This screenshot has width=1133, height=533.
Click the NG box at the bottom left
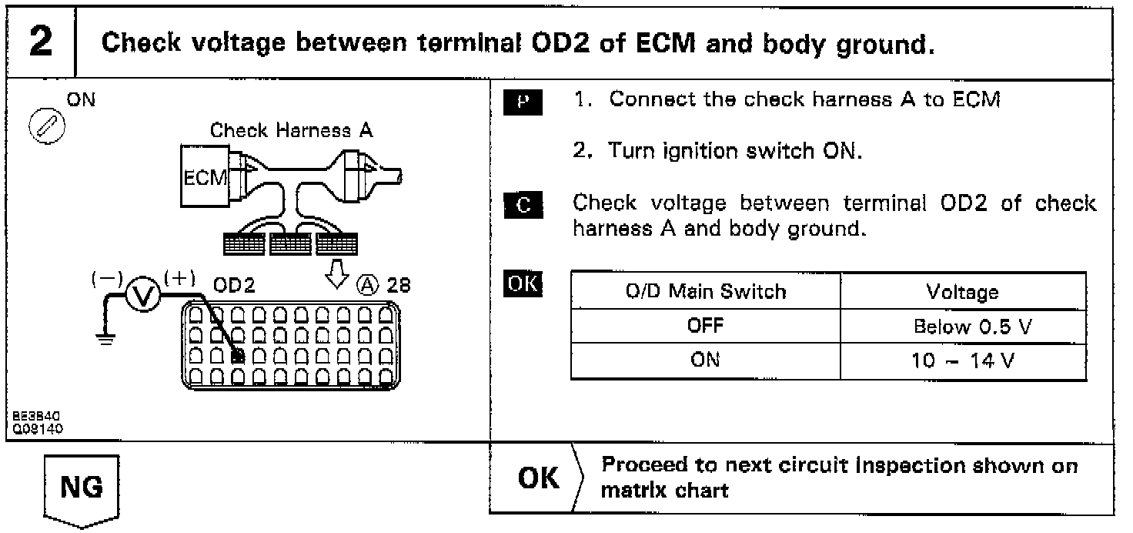(x=82, y=488)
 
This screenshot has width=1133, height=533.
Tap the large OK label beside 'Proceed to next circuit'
(x=539, y=478)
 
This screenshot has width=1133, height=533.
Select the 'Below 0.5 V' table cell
(x=962, y=327)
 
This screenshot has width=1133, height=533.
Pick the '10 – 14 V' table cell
(x=962, y=360)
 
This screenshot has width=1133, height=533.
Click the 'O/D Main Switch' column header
(x=705, y=292)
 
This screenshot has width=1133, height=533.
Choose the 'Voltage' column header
(x=962, y=292)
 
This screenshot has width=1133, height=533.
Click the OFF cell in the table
(x=705, y=326)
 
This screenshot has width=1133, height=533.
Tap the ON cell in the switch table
(x=705, y=360)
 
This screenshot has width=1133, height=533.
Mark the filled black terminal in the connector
(x=238, y=356)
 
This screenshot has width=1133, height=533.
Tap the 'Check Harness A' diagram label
(x=291, y=130)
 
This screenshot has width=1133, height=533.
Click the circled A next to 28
(x=368, y=286)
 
